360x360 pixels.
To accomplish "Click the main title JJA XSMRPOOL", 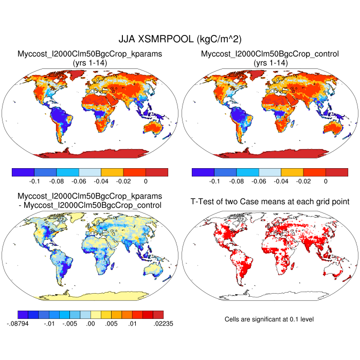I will click(x=180, y=39).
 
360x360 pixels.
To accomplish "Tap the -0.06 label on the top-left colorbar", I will click(x=101, y=182).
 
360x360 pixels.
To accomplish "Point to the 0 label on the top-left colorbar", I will click(x=146, y=182).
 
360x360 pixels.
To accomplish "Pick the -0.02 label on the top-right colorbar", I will click(x=303, y=182).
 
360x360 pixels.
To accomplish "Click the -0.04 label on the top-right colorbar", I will click(x=281, y=182).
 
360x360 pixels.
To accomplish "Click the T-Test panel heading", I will click(x=269, y=201).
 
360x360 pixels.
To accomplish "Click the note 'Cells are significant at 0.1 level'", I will click(x=269, y=319).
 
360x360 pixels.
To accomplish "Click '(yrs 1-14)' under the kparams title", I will click(x=90, y=63).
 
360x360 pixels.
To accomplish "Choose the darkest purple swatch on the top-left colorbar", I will click(x=23, y=172).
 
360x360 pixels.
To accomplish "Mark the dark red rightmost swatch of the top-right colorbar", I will click(x=337, y=172).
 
